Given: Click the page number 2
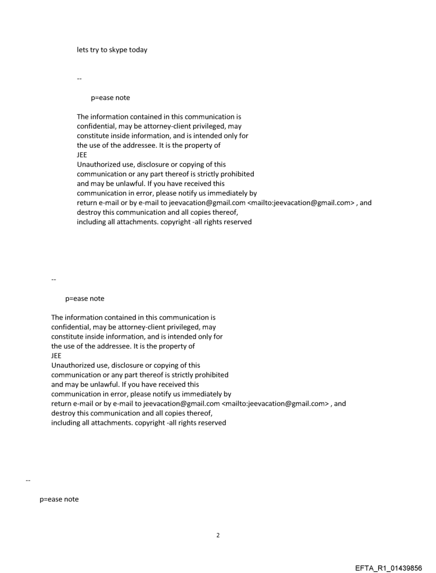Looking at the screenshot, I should click(217, 535).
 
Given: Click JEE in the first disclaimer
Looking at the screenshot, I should click(82, 155).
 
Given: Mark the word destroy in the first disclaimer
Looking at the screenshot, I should click(89, 213).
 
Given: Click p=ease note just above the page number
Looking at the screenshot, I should click(59, 499).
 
